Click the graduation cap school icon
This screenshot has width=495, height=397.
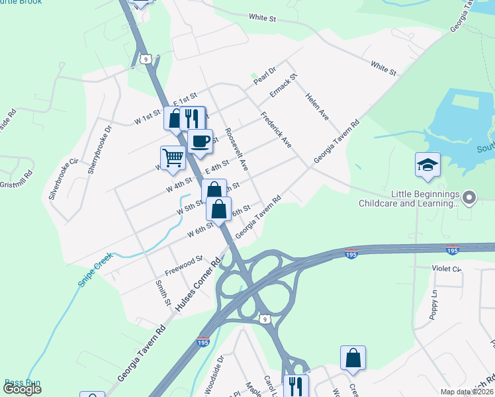coord(427,164)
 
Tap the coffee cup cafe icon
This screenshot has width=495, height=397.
coord(200,140)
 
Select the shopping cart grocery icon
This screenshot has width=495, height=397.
coord(172,157)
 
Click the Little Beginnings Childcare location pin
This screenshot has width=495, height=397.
coord(469,197)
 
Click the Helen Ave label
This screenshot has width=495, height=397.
coord(317,105)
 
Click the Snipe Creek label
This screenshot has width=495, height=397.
coord(95,269)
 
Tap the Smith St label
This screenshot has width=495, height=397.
coord(162,292)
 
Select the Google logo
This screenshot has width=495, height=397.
coord(22,389)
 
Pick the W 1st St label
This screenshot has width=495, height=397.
coord(148,118)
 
